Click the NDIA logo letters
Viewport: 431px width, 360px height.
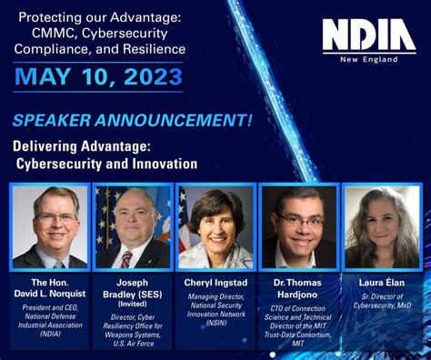pos(368,36)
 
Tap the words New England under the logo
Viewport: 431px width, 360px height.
pos(382,58)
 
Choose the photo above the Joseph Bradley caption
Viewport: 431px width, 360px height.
pos(133,227)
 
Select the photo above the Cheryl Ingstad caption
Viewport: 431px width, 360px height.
pos(215,227)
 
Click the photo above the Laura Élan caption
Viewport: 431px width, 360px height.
pos(382,227)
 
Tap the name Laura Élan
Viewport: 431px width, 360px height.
pos(383,283)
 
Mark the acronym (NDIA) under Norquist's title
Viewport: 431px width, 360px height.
pos(51,333)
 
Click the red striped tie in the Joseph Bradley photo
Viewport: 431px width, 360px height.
pos(127,258)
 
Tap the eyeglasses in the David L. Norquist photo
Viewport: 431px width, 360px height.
pos(55,218)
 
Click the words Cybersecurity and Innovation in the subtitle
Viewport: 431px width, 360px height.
pos(107,164)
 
